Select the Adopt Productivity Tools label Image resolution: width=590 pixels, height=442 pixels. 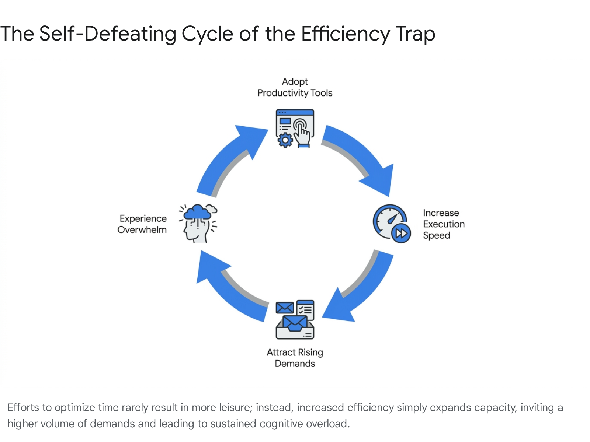[x=295, y=87]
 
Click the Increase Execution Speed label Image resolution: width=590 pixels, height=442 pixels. [x=444, y=224]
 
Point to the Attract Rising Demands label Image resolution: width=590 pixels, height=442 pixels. [x=295, y=358]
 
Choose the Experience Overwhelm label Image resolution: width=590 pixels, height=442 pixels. [x=142, y=224]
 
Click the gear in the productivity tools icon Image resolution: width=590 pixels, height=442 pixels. [x=285, y=140]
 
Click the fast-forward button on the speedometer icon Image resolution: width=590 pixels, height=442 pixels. [x=401, y=233]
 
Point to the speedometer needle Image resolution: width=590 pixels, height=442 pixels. [x=392, y=219]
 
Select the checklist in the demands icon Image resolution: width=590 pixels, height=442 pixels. [x=305, y=310]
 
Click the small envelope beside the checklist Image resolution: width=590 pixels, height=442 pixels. [x=285, y=308]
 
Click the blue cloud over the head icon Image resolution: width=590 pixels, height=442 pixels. [x=198, y=212]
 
